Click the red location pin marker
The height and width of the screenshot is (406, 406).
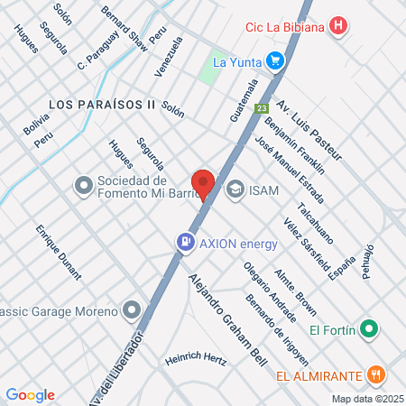(203, 182)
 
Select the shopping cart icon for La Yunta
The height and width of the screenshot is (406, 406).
(275, 62)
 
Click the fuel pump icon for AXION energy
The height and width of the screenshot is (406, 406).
(185, 242)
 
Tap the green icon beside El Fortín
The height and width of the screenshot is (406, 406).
(367, 329)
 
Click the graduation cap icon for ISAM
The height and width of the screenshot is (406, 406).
(235, 189)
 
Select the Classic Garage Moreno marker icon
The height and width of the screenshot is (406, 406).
(133, 311)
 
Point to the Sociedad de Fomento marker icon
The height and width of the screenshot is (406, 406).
(84, 186)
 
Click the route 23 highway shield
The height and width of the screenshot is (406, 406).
(261, 108)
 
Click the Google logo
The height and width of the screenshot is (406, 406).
(31, 394)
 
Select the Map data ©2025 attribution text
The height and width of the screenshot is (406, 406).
(366, 399)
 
